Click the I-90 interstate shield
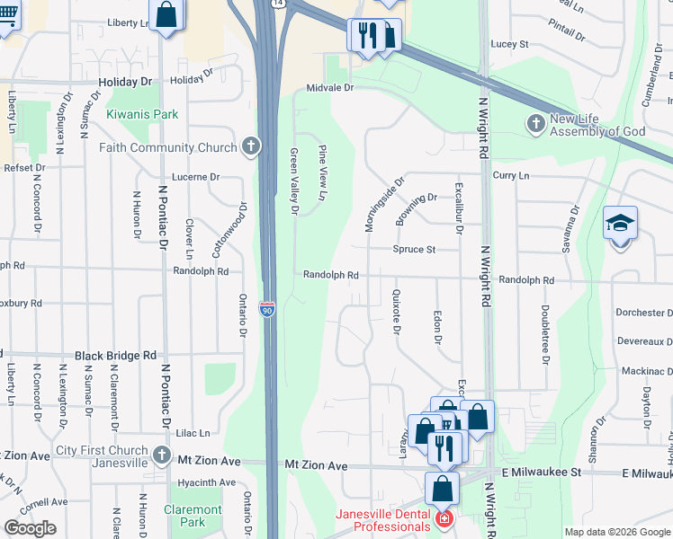[267, 309]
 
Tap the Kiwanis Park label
[142, 114]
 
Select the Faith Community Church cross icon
[251, 146]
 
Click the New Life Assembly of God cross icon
[536, 123]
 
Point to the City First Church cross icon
[161, 454]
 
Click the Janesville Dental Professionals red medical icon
[443, 520]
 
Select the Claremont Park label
[193, 516]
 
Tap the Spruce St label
[413, 249]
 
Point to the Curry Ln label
[511, 176]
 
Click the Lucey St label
[508, 43]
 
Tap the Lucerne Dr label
[195, 177]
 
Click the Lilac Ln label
[193, 432]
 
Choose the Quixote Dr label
[396, 311]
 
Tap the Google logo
[31, 528]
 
